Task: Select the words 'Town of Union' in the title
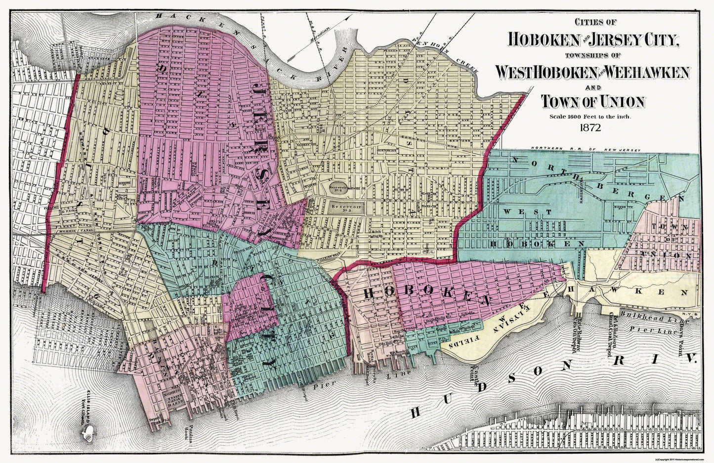[593, 101]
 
